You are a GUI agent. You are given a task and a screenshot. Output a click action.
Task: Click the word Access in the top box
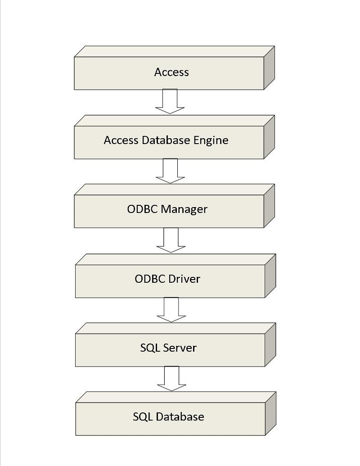coord(171,72)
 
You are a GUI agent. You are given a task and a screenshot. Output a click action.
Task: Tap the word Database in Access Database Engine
coord(166,140)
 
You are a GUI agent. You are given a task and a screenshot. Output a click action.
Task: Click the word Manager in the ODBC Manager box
coord(184,209)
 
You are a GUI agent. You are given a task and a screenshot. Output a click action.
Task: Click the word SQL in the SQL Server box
coord(150,348)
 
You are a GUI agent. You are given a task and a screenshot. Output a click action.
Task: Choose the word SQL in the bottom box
coord(143,417)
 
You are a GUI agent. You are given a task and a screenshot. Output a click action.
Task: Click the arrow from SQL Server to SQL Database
coord(171,379)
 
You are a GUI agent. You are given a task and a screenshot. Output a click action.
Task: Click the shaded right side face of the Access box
coord(269,68)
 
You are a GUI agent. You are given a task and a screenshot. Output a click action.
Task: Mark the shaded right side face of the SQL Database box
coord(270,413)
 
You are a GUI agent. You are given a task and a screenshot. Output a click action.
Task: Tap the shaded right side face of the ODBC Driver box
coord(270,276)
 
